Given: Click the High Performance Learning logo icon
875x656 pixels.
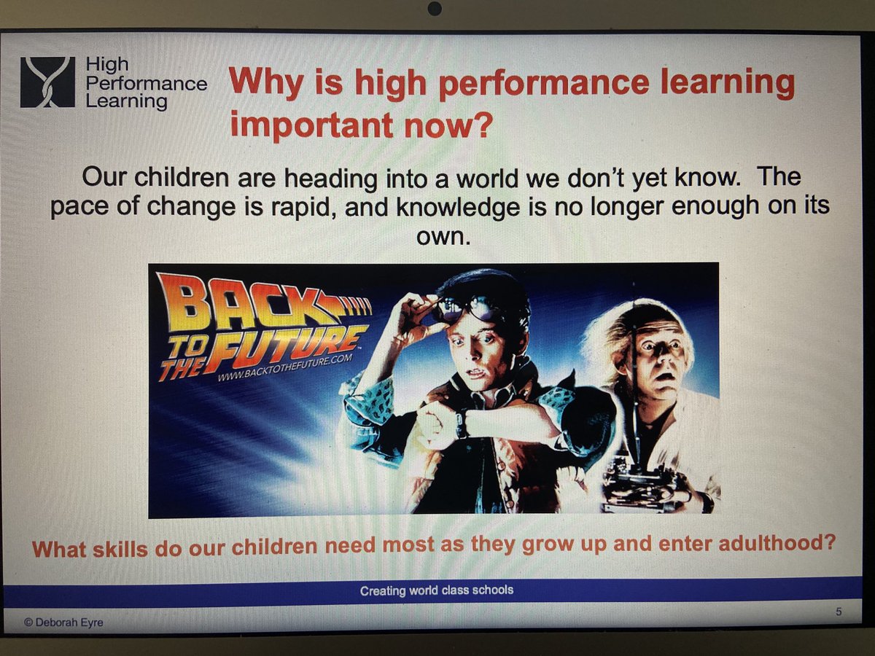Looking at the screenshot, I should coord(47,82).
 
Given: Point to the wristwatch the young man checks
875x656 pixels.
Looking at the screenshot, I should coord(461,423).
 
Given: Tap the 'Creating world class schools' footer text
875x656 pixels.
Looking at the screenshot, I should coord(436,590).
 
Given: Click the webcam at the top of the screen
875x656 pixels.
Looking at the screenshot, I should coord(435,9).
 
